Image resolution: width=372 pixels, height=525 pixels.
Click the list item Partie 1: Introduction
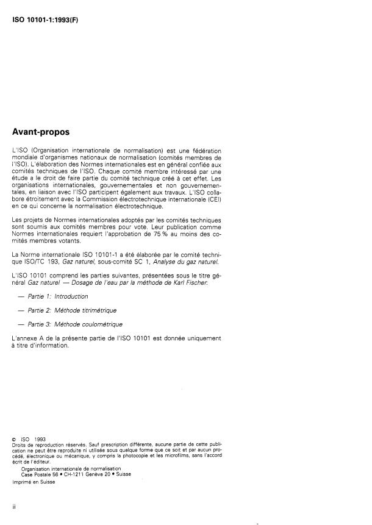62,296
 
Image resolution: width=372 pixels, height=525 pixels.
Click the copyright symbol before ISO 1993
14,438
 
